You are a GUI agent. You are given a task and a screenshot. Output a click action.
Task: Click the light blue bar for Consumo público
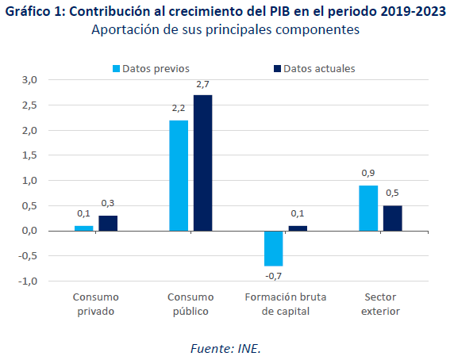(x=179, y=175)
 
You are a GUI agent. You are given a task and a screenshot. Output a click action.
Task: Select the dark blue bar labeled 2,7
(x=202, y=163)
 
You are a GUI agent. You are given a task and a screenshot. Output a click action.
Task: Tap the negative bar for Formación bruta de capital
(x=274, y=248)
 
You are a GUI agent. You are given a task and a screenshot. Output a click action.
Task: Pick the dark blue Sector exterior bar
(x=393, y=218)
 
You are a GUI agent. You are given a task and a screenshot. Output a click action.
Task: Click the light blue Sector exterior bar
(x=368, y=209)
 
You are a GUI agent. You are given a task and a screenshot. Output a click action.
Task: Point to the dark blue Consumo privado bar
(x=108, y=224)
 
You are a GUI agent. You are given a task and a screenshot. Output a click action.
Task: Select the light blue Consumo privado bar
(x=83, y=228)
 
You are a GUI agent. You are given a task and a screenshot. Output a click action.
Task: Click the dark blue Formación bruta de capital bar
(x=298, y=228)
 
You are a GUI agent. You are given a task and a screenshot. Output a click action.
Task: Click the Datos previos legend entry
(x=151, y=68)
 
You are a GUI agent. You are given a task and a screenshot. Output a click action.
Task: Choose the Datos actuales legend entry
(x=314, y=68)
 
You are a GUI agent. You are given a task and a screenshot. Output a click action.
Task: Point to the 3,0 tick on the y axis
(x=29, y=80)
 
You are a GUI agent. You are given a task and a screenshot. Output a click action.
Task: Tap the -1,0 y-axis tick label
(x=28, y=281)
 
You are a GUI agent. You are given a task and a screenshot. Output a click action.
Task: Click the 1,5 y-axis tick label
(x=29, y=155)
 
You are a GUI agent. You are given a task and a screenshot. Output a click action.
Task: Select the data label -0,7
(x=273, y=276)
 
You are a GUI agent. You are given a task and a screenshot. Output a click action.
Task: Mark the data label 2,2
(x=179, y=108)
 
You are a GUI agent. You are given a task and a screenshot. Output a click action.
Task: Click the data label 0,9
(x=368, y=173)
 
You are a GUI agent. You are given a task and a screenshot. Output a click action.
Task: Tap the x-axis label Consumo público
(x=190, y=304)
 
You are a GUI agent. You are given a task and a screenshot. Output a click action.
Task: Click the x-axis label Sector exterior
(x=380, y=304)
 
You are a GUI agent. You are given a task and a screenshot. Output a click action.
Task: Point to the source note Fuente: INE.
(x=226, y=349)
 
